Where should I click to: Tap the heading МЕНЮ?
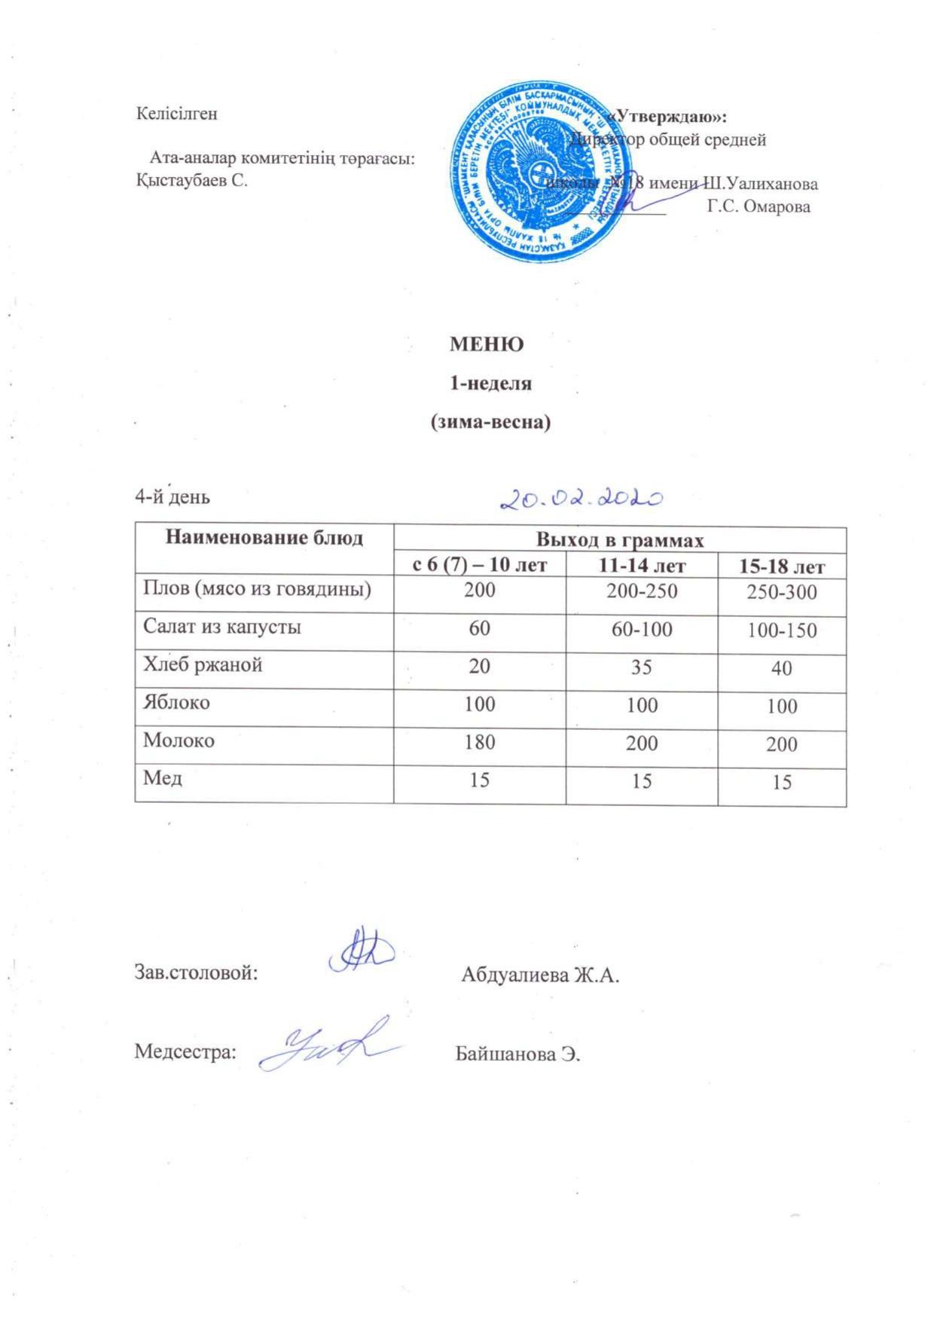487,344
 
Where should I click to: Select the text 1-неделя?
490,383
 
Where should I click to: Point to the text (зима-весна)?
490,423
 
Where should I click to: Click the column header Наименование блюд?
264,538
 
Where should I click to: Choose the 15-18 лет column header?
782,567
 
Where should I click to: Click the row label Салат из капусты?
222,627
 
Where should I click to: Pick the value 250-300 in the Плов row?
782,593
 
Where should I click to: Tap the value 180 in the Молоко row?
479,742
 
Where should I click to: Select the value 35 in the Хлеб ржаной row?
641,667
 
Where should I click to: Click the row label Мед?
163,778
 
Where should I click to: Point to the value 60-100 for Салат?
642,629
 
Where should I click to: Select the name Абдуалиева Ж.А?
539,975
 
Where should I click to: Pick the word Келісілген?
176,114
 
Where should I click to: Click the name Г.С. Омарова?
758,206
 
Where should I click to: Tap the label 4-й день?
172,497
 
